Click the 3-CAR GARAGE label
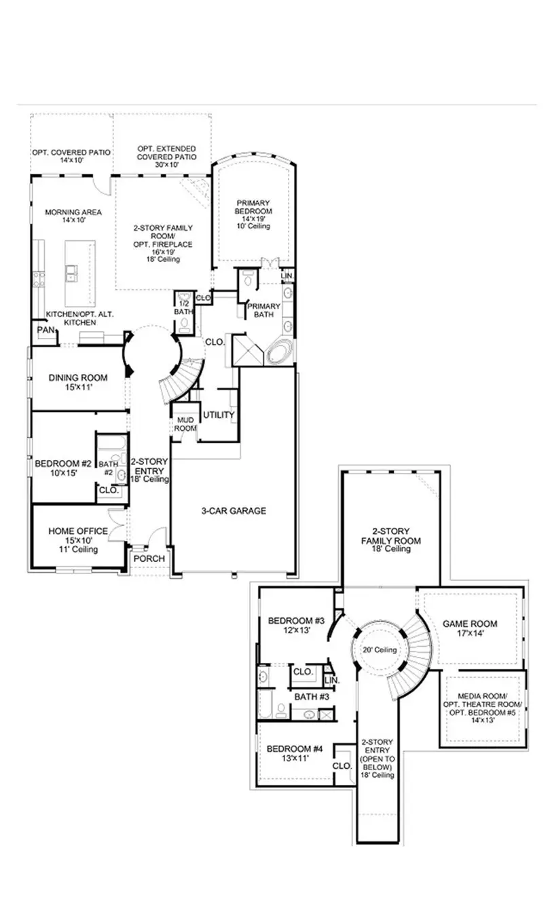(233, 511)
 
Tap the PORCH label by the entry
(149, 558)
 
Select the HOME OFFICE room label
(77, 531)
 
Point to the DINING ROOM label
(74, 378)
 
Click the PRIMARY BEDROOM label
(254, 207)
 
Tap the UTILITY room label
(219, 415)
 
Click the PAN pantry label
(45, 330)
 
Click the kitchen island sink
(71, 273)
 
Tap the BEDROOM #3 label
(296, 620)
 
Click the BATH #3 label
(312, 696)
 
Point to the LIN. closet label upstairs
(332, 680)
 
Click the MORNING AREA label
(73, 212)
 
